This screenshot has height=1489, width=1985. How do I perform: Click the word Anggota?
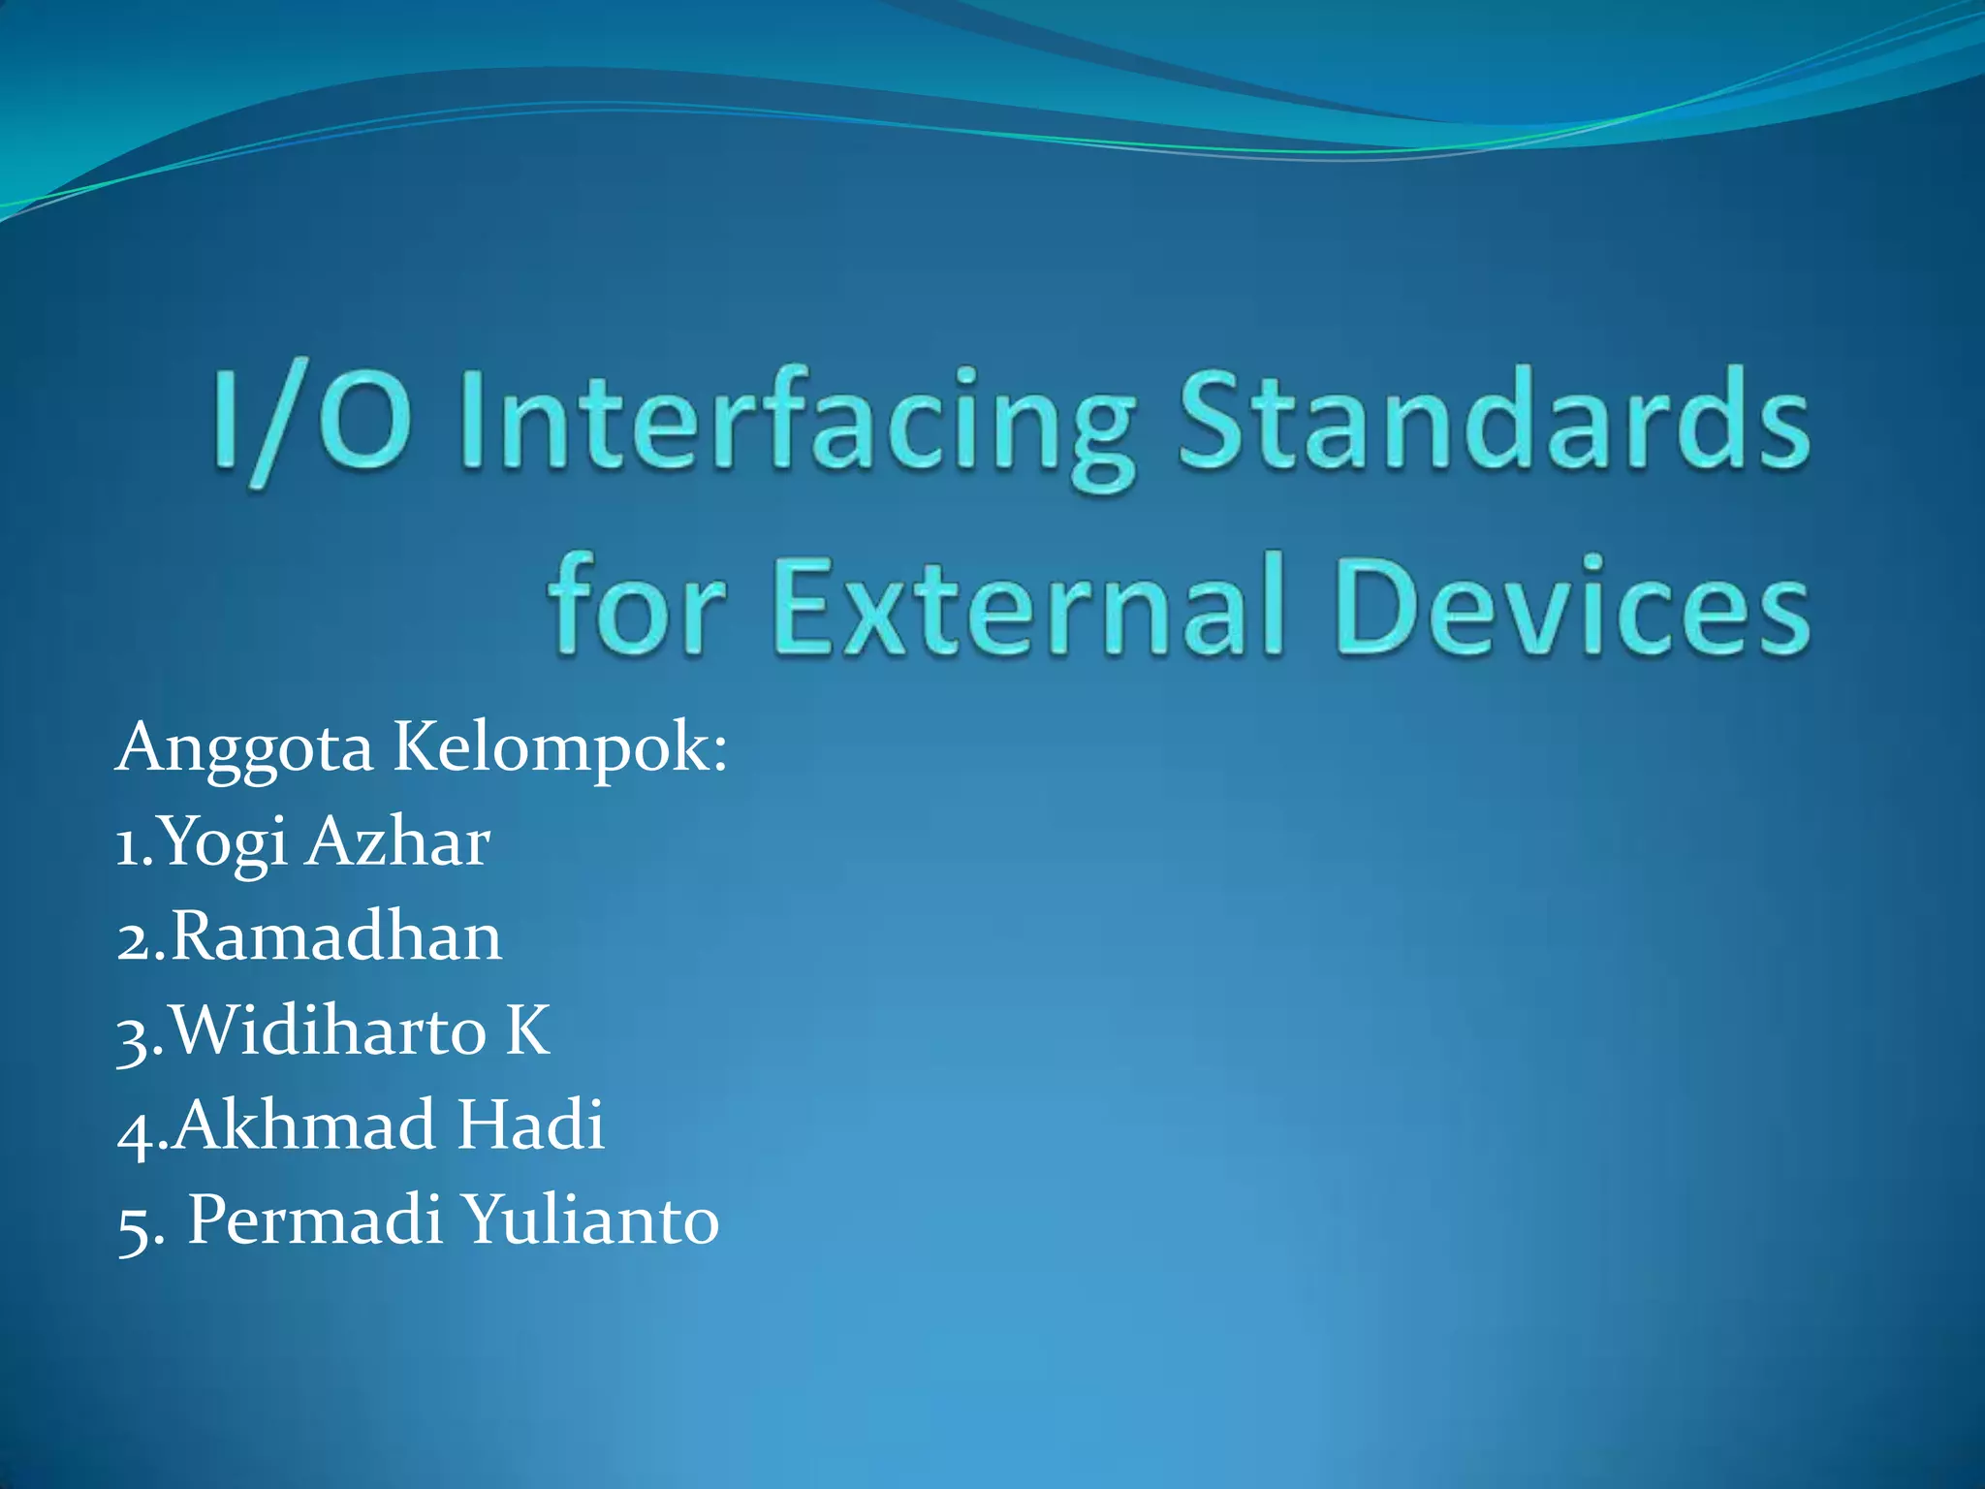244,749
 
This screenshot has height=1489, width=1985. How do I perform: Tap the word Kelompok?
557,749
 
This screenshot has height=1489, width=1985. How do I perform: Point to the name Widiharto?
329,1030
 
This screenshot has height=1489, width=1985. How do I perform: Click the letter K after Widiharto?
527,1030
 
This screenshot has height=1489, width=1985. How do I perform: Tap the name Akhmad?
303,1125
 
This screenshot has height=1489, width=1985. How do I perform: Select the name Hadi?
530,1125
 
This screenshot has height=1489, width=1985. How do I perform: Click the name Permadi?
314,1220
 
